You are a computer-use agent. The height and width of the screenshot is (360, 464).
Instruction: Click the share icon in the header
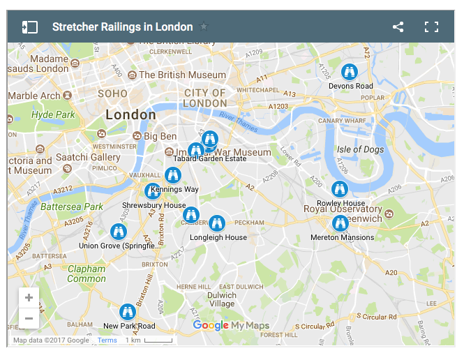(x=398, y=27)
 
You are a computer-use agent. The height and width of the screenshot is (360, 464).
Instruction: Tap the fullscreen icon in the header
(x=432, y=27)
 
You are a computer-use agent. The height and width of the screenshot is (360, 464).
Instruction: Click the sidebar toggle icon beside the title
(x=29, y=27)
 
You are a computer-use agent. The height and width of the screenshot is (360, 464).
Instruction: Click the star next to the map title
(x=204, y=27)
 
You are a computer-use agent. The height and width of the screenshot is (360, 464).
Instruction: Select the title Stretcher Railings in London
(x=122, y=27)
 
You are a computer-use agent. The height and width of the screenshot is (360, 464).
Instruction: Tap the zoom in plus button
(x=29, y=298)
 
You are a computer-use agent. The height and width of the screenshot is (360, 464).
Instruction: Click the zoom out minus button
(x=29, y=319)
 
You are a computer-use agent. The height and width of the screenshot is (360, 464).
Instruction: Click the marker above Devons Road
(x=350, y=71)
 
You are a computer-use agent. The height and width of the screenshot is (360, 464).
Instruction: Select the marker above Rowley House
(x=340, y=188)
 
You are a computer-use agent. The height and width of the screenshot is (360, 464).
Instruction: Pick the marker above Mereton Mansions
(x=340, y=223)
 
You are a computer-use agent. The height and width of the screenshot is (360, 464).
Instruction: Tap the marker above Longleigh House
(x=217, y=223)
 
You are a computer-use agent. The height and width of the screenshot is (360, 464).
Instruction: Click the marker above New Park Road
(x=127, y=312)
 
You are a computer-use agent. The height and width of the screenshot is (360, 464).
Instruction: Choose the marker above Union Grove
(x=119, y=231)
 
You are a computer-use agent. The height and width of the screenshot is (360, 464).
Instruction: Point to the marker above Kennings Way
(x=173, y=174)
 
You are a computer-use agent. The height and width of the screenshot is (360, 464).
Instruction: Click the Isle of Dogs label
(x=360, y=149)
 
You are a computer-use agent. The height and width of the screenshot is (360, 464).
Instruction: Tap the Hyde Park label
(x=53, y=114)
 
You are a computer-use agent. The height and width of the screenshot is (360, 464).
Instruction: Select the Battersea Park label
(x=72, y=207)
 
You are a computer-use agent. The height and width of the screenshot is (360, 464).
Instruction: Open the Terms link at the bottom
(x=107, y=340)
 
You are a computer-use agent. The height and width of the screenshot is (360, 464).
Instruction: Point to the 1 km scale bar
(x=149, y=340)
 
